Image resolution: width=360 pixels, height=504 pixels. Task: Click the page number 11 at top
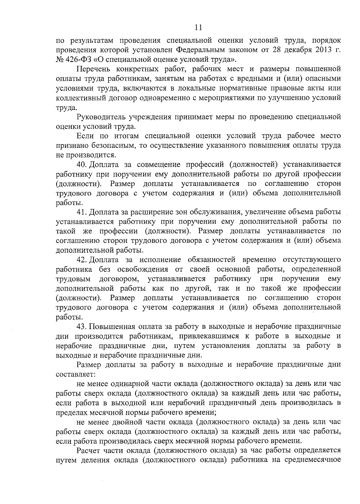click(x=198, y=28)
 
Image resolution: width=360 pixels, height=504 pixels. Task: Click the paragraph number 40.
click(x=82, y=165)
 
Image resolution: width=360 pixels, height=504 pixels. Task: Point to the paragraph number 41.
click(x=82, y=212)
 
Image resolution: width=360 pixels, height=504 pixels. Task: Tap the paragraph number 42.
click(x=82, y=260)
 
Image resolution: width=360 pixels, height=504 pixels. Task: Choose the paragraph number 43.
click(x=82, y=327)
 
